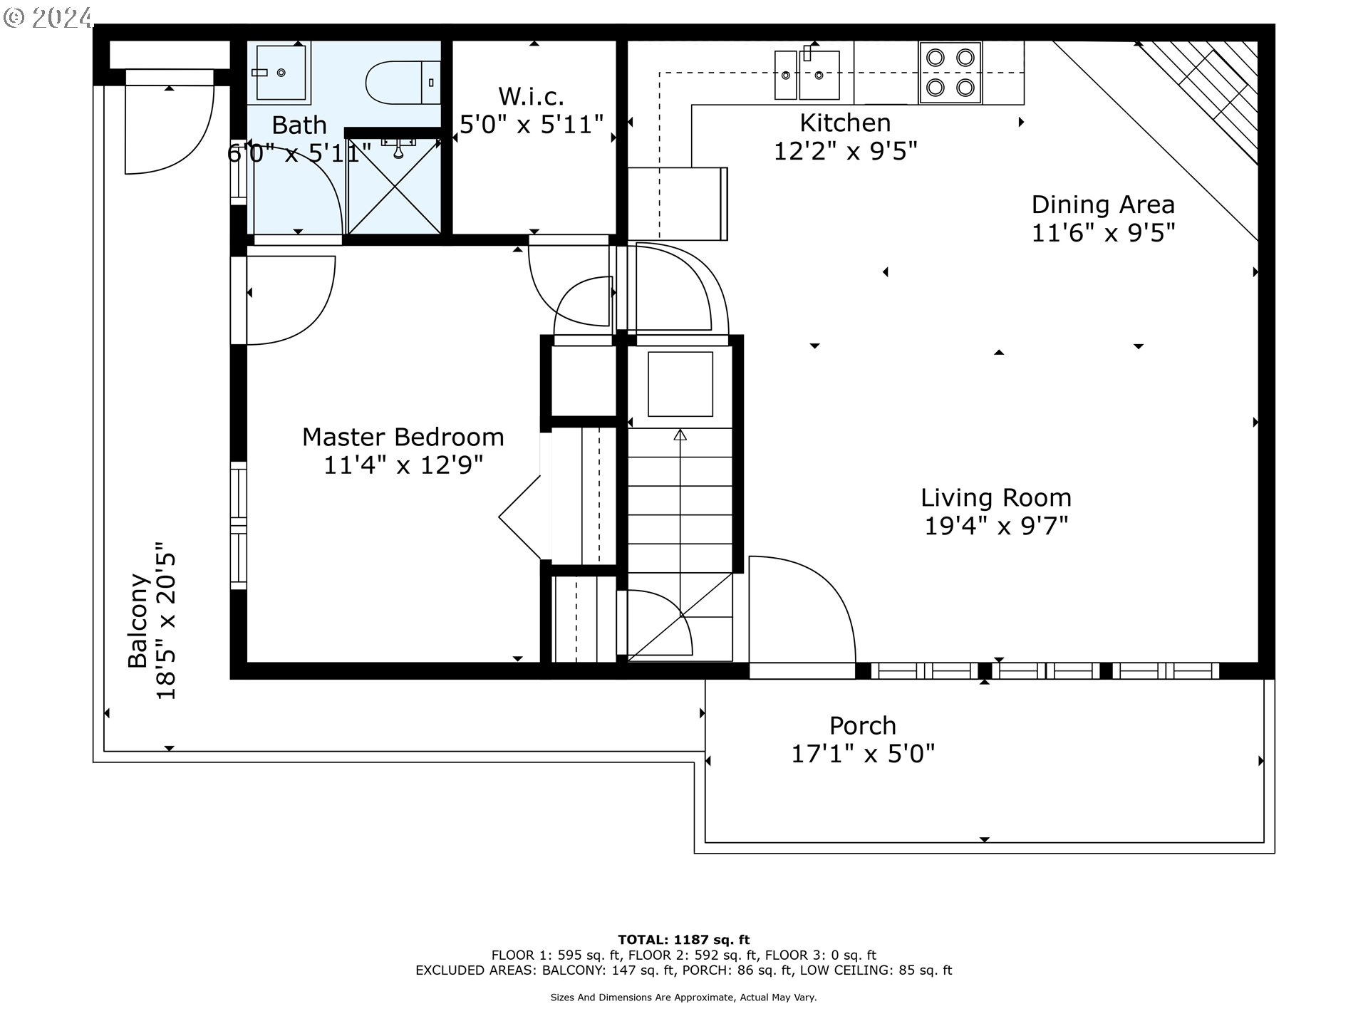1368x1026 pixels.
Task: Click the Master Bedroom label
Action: (x=403, y=437)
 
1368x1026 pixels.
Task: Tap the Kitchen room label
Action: (x=845, y=123)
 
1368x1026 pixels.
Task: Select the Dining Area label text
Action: (x=1103, y=204)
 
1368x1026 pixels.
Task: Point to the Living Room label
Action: (x=996, y=497)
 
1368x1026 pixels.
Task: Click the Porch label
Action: (x=863, y=725)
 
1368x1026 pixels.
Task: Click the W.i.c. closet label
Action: (x=532, y=95)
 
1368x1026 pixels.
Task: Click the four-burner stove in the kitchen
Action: (x=950, y=72)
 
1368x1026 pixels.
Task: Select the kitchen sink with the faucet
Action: (x=819, y=73)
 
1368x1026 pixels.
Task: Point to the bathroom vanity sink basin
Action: (x=281, y=72)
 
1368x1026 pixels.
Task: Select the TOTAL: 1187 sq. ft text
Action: (x=683, y=940)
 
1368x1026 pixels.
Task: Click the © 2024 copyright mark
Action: (x=48, y=17)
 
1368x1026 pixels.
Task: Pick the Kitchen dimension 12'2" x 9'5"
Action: (x=845, y=151)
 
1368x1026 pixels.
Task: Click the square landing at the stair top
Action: (x=680, y=384)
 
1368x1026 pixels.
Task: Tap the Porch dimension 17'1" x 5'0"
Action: (x=863, y=754)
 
